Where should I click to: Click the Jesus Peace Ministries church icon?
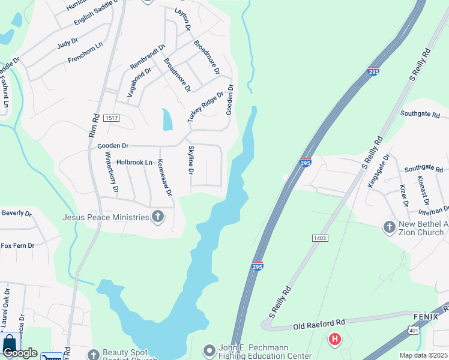pos(158,217)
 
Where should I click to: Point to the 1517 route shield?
pos(112,118)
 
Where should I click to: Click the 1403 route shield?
pos(320,238)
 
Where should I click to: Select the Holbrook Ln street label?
pos(134,162)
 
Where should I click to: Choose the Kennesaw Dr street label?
pos(164,178)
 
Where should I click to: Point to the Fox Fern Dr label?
pos(17,245)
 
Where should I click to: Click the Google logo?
pos(19,353)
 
